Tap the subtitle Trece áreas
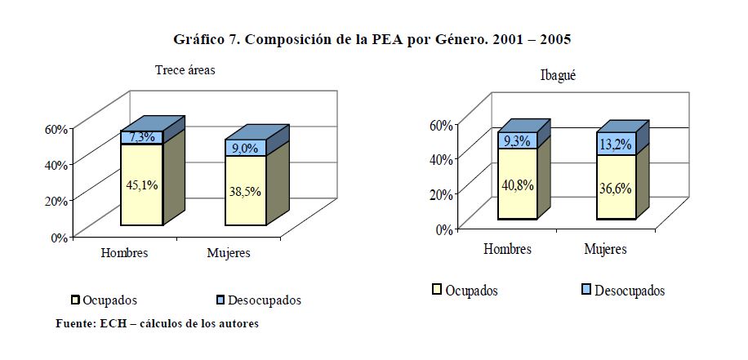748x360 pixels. [185, 70]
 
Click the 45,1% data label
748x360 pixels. [141, 184]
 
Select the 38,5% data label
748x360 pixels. [245, 192]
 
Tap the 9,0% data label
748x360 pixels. [245, 148]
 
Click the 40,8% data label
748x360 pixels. [518, 184]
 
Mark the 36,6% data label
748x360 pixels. [616, 188]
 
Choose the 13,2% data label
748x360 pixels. [616, 144]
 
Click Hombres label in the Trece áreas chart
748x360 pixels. [124, 253]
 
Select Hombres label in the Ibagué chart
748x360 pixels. [507, 248]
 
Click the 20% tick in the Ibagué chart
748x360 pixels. [441, 194]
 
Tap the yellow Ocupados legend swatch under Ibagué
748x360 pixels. [437, 289]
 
